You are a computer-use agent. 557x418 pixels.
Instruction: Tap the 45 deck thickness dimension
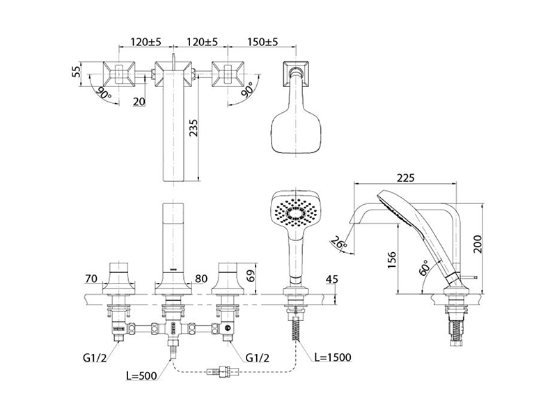(x=332, y=280)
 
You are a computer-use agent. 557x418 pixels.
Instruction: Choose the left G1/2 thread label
(x=93, y=359)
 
